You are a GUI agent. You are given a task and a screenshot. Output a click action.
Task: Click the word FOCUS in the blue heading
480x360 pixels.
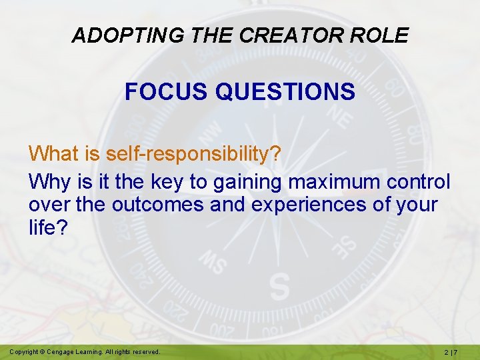coord(167,92)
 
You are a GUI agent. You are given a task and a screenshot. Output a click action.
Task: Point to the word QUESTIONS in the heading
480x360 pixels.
coord(285,92)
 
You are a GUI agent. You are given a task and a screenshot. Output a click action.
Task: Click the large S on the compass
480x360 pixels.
coord(279,286)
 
